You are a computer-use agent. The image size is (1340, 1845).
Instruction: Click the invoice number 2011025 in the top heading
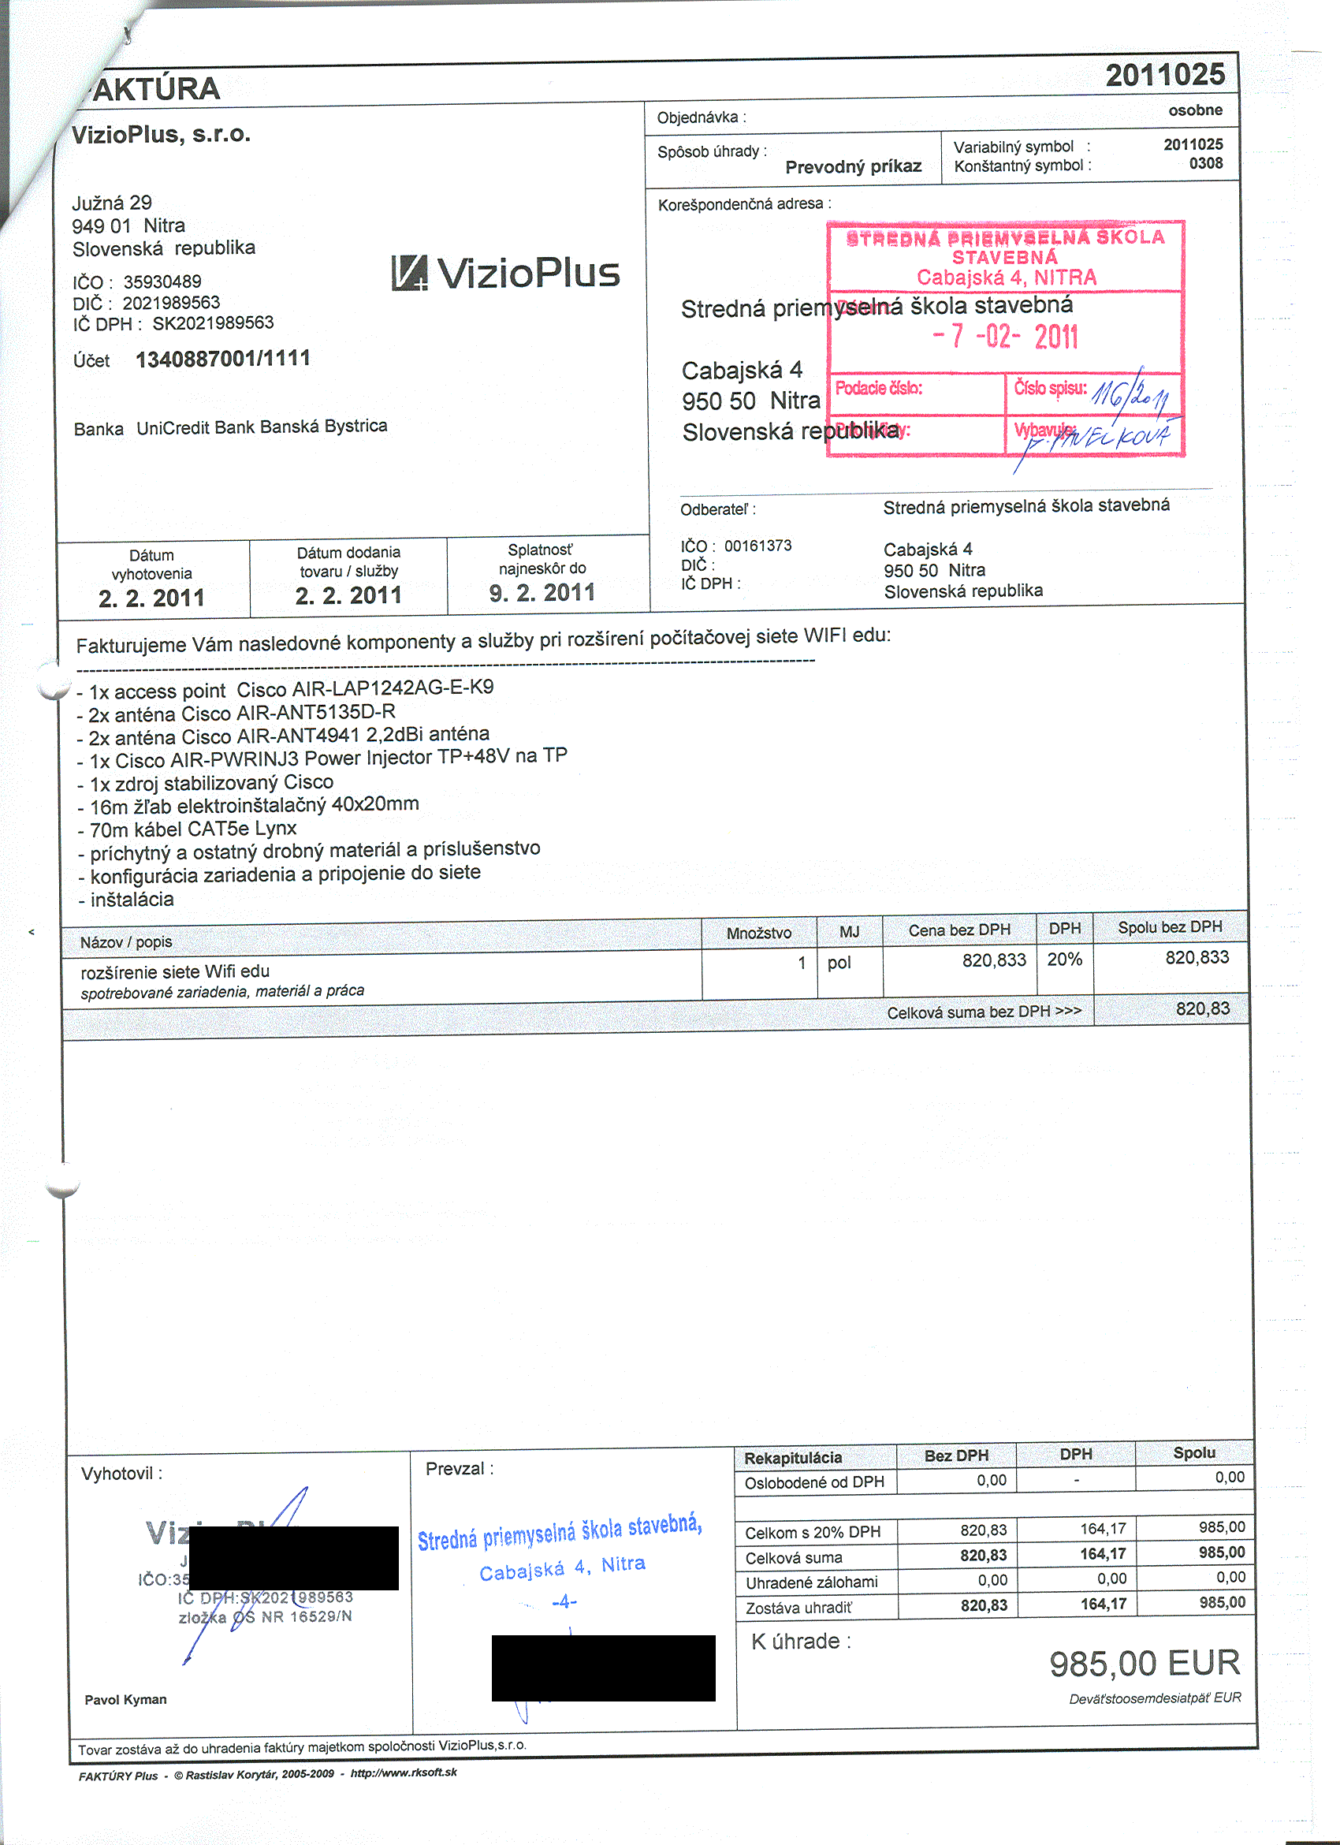click(x=1164, y=76)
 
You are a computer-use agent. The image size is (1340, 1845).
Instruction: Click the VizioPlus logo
click(x=506, y=274)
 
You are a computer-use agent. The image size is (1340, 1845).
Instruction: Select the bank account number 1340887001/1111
click(x=223, y=359)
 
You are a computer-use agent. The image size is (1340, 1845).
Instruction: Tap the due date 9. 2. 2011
click(x=542, y=592)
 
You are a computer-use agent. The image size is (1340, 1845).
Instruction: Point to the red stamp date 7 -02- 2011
click(x=1007, y=336)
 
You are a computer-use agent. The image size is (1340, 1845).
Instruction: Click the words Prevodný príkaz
click(x=853, y=167)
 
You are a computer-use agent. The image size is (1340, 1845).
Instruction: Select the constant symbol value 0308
click(x=1206, y=163)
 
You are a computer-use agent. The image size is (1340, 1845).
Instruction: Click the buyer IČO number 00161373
click(x=757, y=545)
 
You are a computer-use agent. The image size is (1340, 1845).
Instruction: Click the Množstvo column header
click(x=758, y=932)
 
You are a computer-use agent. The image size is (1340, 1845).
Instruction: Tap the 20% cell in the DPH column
click(x=1064, y=959)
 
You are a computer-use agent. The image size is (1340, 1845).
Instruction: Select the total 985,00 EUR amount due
click(x=1144, y=1663)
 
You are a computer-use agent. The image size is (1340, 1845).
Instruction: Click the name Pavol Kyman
click(x=125, y=1699)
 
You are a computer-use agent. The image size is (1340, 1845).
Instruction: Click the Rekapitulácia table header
click(x=793, y=1458)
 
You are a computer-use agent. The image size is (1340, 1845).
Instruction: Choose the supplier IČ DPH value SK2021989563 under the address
click(x=213, y=323)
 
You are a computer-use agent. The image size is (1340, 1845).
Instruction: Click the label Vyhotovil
click(x=121, y=1473)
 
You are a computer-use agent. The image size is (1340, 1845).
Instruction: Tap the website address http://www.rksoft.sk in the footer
click(x=404, y=1772)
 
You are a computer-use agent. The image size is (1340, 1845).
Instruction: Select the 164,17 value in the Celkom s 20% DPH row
click(x=1103, y=1530)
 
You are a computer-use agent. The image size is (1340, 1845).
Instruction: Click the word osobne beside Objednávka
click(x=1194, y=110)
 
